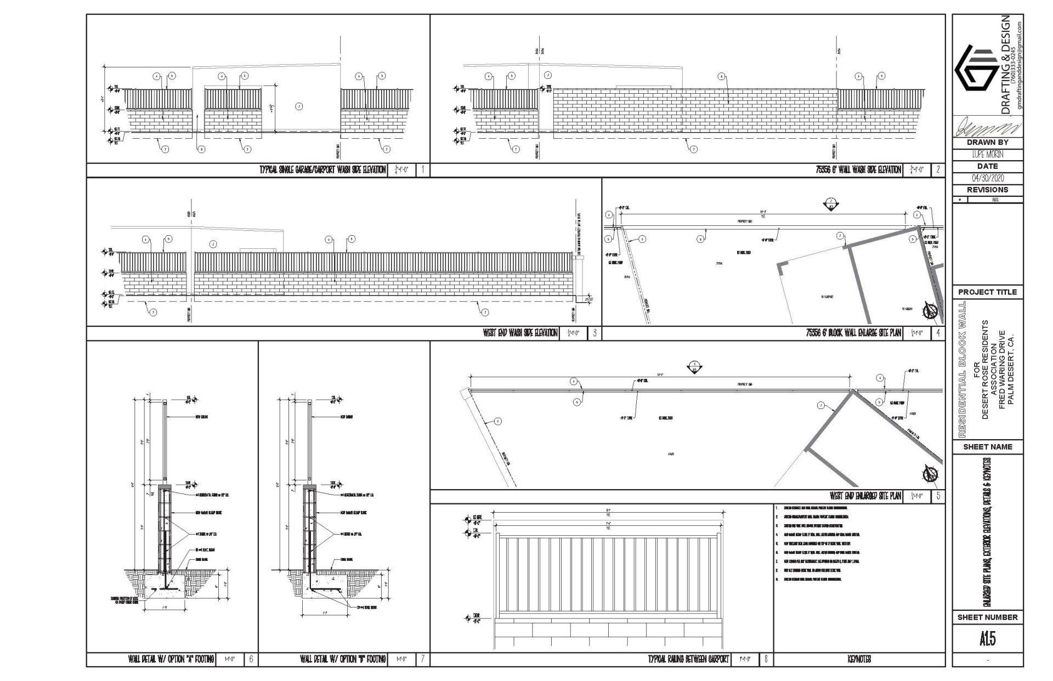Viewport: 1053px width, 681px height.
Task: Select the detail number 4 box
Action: tap(938, 333)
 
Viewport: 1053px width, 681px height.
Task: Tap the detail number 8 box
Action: tap(766, 659)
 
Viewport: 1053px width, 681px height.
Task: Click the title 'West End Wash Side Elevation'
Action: tap(520, 333)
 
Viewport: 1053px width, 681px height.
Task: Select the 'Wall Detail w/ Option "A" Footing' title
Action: tap(171, 659)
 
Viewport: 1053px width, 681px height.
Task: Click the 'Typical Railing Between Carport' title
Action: tap(689, 659)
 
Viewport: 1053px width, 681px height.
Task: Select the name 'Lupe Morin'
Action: tap(987, 155)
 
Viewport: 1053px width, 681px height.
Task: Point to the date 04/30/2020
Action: tap(987, 178)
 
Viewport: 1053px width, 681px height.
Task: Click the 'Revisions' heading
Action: tap(987, 190)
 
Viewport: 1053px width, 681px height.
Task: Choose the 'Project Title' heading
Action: tap(987, 292)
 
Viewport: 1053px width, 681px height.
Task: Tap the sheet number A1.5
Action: tap(987, 639)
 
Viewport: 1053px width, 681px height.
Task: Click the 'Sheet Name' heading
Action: tap(987, 447)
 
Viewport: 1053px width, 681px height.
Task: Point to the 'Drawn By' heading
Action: tap(987, 143)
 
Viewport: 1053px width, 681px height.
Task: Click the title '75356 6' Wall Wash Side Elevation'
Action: tap(858, 170)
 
